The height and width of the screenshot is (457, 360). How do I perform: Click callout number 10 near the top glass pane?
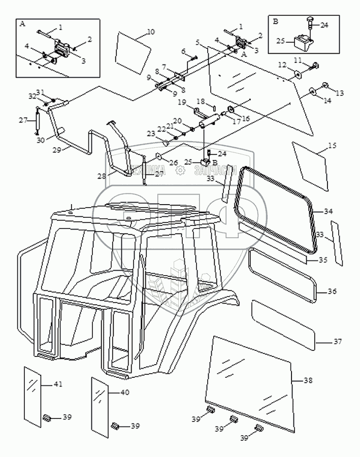[x=150, y=32]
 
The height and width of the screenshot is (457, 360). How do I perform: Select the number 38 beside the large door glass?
[x=308, y=380]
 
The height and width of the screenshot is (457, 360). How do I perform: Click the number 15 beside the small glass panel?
[x=332, y=146]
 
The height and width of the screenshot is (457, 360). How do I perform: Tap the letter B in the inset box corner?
[x=276, y=22]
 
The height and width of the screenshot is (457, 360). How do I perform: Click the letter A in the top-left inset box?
[x=22, y=24]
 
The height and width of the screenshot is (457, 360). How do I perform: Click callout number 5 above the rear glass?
[x=198, y=42]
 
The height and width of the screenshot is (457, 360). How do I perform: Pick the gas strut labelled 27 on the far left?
[x=38, y=120]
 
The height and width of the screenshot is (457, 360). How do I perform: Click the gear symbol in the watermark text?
[x=180, y=171]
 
